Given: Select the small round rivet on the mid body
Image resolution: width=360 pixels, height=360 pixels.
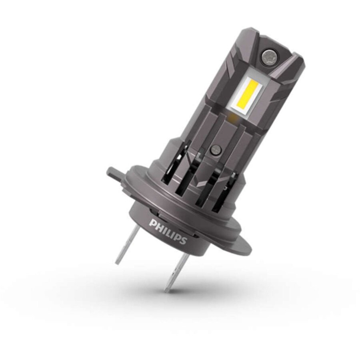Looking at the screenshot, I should tap(216, 150).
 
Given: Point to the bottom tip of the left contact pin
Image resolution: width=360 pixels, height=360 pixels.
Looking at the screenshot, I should tap(117, 263).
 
